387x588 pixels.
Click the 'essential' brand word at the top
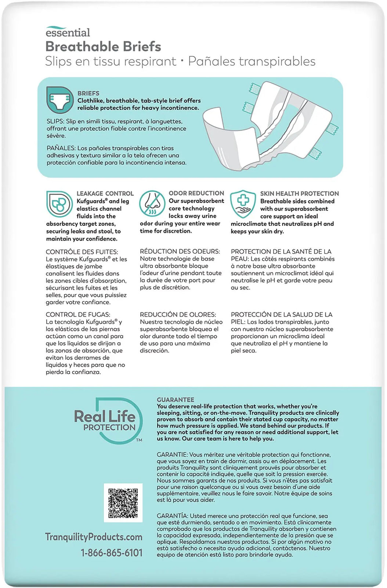pos(68,32)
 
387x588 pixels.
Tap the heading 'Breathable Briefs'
pos(103,47)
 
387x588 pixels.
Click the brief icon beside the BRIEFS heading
pos(59,100)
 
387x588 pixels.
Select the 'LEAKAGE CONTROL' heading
pos(105,194)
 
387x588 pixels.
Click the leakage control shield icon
pos(59,204)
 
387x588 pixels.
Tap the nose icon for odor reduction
pos(152,204)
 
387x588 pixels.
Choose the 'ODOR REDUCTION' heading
pos(196,193)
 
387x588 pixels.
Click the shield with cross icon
pos(243,203)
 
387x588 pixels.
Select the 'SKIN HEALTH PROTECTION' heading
pos(299,194)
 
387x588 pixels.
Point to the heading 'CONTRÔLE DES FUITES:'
pos(82,252)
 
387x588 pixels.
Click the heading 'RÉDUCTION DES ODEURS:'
pos(180,251)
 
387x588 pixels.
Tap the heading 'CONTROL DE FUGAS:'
pos(78,315)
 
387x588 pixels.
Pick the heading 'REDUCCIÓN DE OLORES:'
pos(178,315)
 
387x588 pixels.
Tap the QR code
pos(123,503)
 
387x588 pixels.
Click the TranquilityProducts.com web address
pos(94,537)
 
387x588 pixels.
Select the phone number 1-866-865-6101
pos(112,553)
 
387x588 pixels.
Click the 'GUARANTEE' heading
pos(176,400)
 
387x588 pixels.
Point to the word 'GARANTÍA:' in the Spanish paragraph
pos(172,516)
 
